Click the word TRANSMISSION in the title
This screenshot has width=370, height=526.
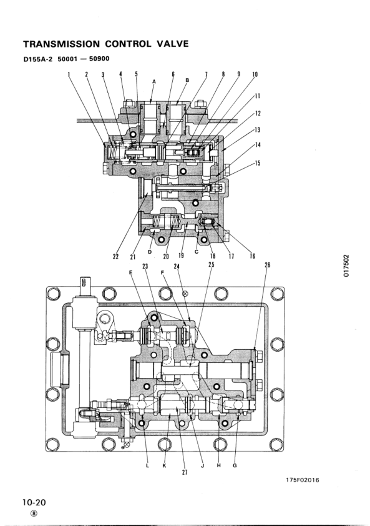pos(61,44)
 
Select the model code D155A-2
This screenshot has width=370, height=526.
pos(38,59)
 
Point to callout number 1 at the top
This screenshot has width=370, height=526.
pos(69,74)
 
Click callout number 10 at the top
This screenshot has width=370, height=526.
pos(255,74)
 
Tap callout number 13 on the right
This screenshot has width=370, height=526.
pos(258,130)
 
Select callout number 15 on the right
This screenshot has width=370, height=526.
pos(258,163)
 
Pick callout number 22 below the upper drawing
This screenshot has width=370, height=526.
pos(115,256)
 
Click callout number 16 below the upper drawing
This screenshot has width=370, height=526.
pos(252,256)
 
